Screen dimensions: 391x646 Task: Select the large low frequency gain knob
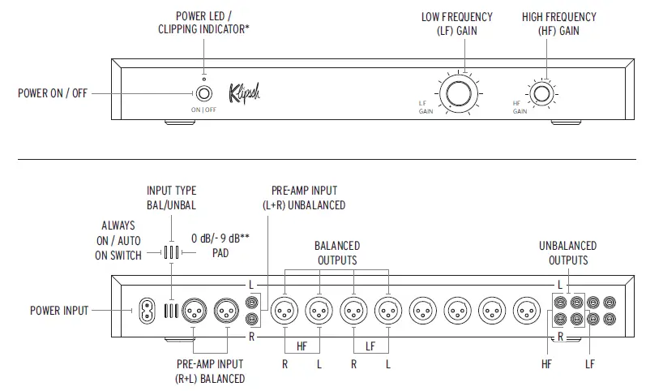[x=458, y=94]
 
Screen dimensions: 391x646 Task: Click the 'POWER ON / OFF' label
[x=52, y=93]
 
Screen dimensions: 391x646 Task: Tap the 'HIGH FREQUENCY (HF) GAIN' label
[x=558, y=23]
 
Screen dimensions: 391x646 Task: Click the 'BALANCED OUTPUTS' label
[x=337, y=252]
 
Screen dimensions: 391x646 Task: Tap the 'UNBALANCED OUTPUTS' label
[x=567, y=252]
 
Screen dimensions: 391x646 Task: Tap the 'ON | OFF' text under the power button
[x=203, y=109]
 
